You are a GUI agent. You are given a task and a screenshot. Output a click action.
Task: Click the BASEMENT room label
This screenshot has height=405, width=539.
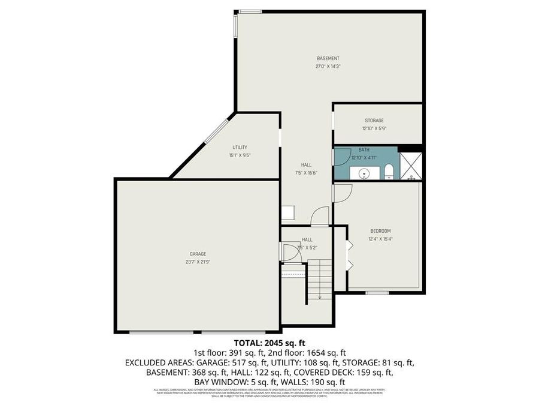pos(328,58)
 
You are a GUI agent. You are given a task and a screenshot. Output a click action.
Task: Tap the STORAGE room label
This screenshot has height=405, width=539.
pos(374,121)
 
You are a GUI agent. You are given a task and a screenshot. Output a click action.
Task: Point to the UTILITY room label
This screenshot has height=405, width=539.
pos(240,147)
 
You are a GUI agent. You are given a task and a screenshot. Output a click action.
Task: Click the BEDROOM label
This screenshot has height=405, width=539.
pos(380,231)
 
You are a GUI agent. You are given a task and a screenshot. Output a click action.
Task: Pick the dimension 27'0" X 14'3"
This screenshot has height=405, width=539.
pos(328,66)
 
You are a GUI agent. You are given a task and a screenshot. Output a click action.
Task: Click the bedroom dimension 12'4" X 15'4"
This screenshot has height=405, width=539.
pos(380,239)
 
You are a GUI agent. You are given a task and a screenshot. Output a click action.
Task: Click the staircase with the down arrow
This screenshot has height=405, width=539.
pos(319,279)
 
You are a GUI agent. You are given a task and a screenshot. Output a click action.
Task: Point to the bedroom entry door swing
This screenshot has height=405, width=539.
pos(341,192)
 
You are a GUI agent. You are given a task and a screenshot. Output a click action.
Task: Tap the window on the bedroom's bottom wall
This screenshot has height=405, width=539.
pos(377,293)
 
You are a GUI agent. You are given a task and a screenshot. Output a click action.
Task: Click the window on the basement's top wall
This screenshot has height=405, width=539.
pos(250,11)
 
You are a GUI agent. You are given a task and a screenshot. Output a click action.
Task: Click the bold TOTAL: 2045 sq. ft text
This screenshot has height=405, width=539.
pos(269,343)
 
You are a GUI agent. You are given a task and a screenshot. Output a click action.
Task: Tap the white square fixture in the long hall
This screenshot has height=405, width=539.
pos(288,213)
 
